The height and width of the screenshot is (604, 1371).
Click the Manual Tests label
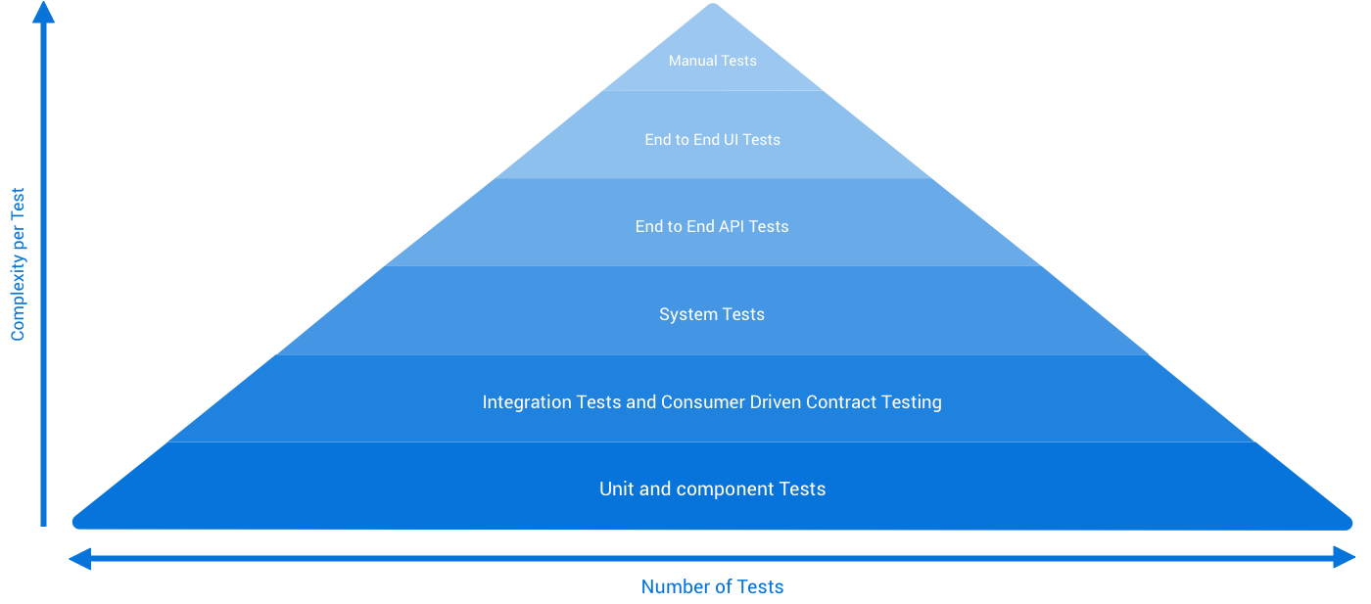pos(712,61)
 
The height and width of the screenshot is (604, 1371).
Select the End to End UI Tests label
pos(712,140)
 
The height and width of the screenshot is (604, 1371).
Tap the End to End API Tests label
pos(712,226)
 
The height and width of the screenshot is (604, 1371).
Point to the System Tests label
pos(712,314)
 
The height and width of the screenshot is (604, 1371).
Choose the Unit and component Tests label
pos(712,488)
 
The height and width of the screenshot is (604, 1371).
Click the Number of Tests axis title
pos(712,587)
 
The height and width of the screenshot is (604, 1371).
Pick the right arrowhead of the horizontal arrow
pos(1346,558)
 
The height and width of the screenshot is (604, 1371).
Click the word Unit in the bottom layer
pos(616,488)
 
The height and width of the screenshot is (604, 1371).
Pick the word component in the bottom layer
pos(723,489)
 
